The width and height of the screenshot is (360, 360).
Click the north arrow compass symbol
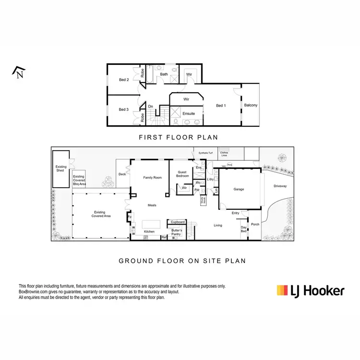[18, 72]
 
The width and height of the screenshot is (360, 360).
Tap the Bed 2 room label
[124, 79]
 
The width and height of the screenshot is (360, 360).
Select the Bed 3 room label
[124, 109]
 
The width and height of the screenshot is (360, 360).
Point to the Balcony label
[251, 105]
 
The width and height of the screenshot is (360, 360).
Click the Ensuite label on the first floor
[189, 113]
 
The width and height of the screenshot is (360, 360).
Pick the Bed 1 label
[221, 105]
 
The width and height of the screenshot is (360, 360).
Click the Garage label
[239, 189]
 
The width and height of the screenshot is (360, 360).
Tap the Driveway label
[280, 186]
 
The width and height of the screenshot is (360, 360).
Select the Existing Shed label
[61, 169]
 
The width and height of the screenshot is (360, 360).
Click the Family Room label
[153, 178]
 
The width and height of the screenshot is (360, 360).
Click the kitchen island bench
[152, 224]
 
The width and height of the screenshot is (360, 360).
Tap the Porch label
[255, 224]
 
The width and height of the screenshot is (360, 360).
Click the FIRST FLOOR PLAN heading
[178, 137]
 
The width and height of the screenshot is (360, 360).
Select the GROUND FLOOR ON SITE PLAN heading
[182, 261]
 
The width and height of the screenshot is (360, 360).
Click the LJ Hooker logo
[311, 290]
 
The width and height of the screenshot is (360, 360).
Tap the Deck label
[122, 174]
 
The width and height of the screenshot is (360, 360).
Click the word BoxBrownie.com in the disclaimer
[32, 292]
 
